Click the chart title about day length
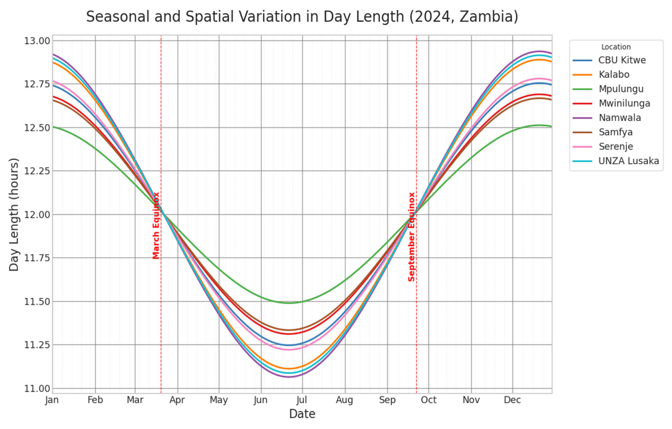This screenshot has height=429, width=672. (x=302, y=17)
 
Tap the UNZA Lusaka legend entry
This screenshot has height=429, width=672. (x=616, y=161)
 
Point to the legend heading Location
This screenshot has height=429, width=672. (x=616, y=47)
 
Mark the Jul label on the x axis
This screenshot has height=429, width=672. (x=302, y=400)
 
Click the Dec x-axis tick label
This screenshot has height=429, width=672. (x=512, y=400)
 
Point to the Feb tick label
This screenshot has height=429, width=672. (x=95, y=400)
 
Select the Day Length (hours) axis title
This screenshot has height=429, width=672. (x=14, y=214)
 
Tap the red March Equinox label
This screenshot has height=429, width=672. (x=156, y=226)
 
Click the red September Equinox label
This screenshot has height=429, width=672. (x=411, y=237)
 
